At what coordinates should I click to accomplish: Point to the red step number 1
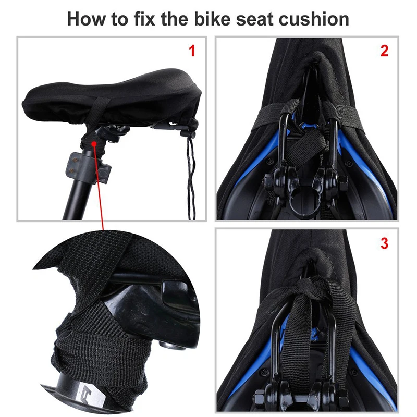[x=192, y=51]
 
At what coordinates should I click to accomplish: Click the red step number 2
[x=384, y=51]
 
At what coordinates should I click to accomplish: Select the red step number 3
[x=384, y=243]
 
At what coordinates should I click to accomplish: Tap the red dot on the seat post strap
[x=94, y=144]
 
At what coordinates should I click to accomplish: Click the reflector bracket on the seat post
[x=87, y=168]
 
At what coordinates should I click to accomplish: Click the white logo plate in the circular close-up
[x=88, y=398]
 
